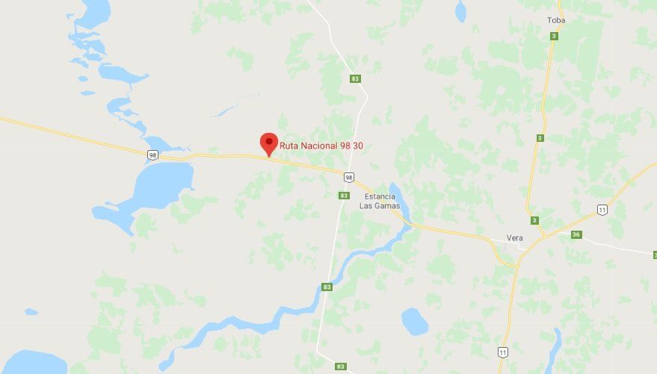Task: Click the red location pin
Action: [x=268, y=143]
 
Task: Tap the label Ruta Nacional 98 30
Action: [x=321, y=146]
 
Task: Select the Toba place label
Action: [x=555, y=20]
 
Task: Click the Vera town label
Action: [x=514, y=238]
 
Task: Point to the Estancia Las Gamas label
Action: [x=379, y=201]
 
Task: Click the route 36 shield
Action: [x=576, y=234]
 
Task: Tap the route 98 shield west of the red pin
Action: [x=152, y=155]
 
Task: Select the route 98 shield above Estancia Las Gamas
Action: [x=348, y=177]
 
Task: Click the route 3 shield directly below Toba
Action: [x=554, y=36]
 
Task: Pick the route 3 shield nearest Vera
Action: [x=534, y=220]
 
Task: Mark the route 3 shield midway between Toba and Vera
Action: [x=540, y=138]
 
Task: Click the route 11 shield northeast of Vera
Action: [x=602, y=210]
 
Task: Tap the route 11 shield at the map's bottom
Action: [x=503, y=352]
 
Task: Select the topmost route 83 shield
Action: [x=354, y=78]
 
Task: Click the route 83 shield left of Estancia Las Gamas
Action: [x=343, y=196]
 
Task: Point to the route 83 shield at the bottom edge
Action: [x=341, y=367]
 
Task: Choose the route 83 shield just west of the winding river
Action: [x=327, y=287]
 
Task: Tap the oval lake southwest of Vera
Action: [x=415, y=321]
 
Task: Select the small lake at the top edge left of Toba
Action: [x=460, y=10]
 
